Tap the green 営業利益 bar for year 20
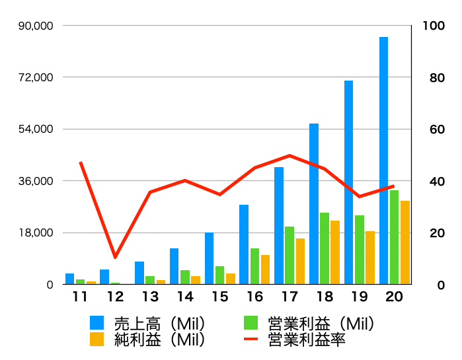click(394, 237)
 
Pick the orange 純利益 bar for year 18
click(335, 252)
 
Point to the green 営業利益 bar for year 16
click(254, 266)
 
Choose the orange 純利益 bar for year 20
click(404, 242)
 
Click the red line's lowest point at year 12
click(115, 257)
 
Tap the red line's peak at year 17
click(289, 155)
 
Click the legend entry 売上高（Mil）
click(149, 323)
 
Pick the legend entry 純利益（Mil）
click(149, 340)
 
